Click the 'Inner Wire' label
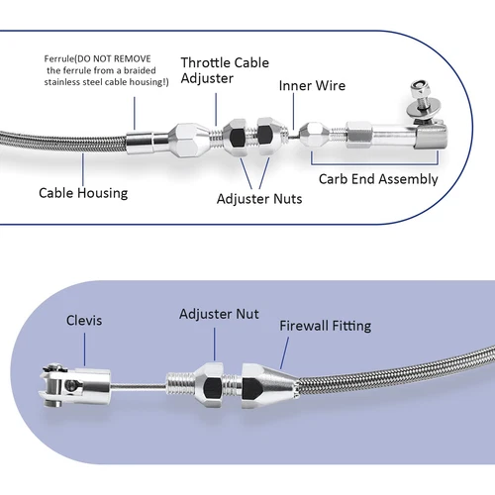click(311, 86)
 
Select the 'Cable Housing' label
click(83, 193)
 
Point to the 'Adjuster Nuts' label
click(259, 199)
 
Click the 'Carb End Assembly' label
click(378, 179)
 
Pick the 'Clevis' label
click(84, 322)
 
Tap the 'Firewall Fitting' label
click(327, 325)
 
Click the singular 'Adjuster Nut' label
click(219, 314)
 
